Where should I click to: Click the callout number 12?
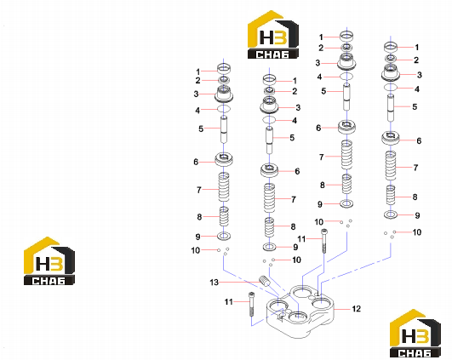(357, 309)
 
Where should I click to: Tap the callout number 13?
(215, 283)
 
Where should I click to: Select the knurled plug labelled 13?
(265, 281)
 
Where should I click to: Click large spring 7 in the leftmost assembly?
(224, 187)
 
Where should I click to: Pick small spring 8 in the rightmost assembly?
(391, 195)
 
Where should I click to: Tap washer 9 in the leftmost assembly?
(224, 237)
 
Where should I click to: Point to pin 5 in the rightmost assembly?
(391, 107)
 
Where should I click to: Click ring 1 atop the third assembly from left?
(346, 36)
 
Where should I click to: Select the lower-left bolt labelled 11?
(251, 304)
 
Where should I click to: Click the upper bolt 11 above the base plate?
(324, 241)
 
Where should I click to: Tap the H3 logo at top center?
(273, 35)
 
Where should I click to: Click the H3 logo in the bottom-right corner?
(415, 334)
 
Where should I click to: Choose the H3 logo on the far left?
(49, 261)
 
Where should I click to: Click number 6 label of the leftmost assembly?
(196, 163)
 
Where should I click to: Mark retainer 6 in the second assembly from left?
(270, 170)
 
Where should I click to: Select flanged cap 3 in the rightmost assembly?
(391, 73)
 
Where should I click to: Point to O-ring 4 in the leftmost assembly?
(224, 109)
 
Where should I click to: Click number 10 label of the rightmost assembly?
(417, 232)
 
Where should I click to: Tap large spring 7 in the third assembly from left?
(346, 155)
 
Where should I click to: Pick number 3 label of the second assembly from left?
(298, 108)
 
